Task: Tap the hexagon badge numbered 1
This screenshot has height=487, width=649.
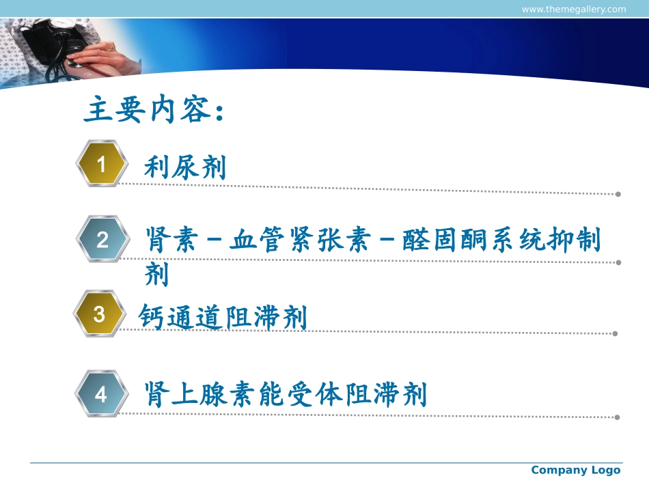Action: [x=102, y=164]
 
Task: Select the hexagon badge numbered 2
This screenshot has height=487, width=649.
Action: [x=102, y=240]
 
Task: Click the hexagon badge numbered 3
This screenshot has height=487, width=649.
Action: [x=100, y=314]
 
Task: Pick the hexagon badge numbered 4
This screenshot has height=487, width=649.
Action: [x=101, y=394]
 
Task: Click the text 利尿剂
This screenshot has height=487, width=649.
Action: [x=184, y=167]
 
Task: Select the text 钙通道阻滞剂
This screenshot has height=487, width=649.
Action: [x=223, y=317]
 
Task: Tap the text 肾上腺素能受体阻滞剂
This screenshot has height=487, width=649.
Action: [x=286, y=394]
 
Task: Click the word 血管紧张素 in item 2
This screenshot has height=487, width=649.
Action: [x=300, y=241]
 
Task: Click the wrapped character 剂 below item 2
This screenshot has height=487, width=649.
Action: [x=156, y=275]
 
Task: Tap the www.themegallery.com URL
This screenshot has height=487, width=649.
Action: [x=573, y=9]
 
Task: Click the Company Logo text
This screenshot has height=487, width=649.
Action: [x=575, y=470]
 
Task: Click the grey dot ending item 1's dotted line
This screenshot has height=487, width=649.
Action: [x=618, y=194]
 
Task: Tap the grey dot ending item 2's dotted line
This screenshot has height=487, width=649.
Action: [x=618, y=262]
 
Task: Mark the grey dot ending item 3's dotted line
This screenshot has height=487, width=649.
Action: [x=615, y=334]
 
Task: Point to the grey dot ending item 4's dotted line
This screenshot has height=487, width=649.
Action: [x=617, y=417]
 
